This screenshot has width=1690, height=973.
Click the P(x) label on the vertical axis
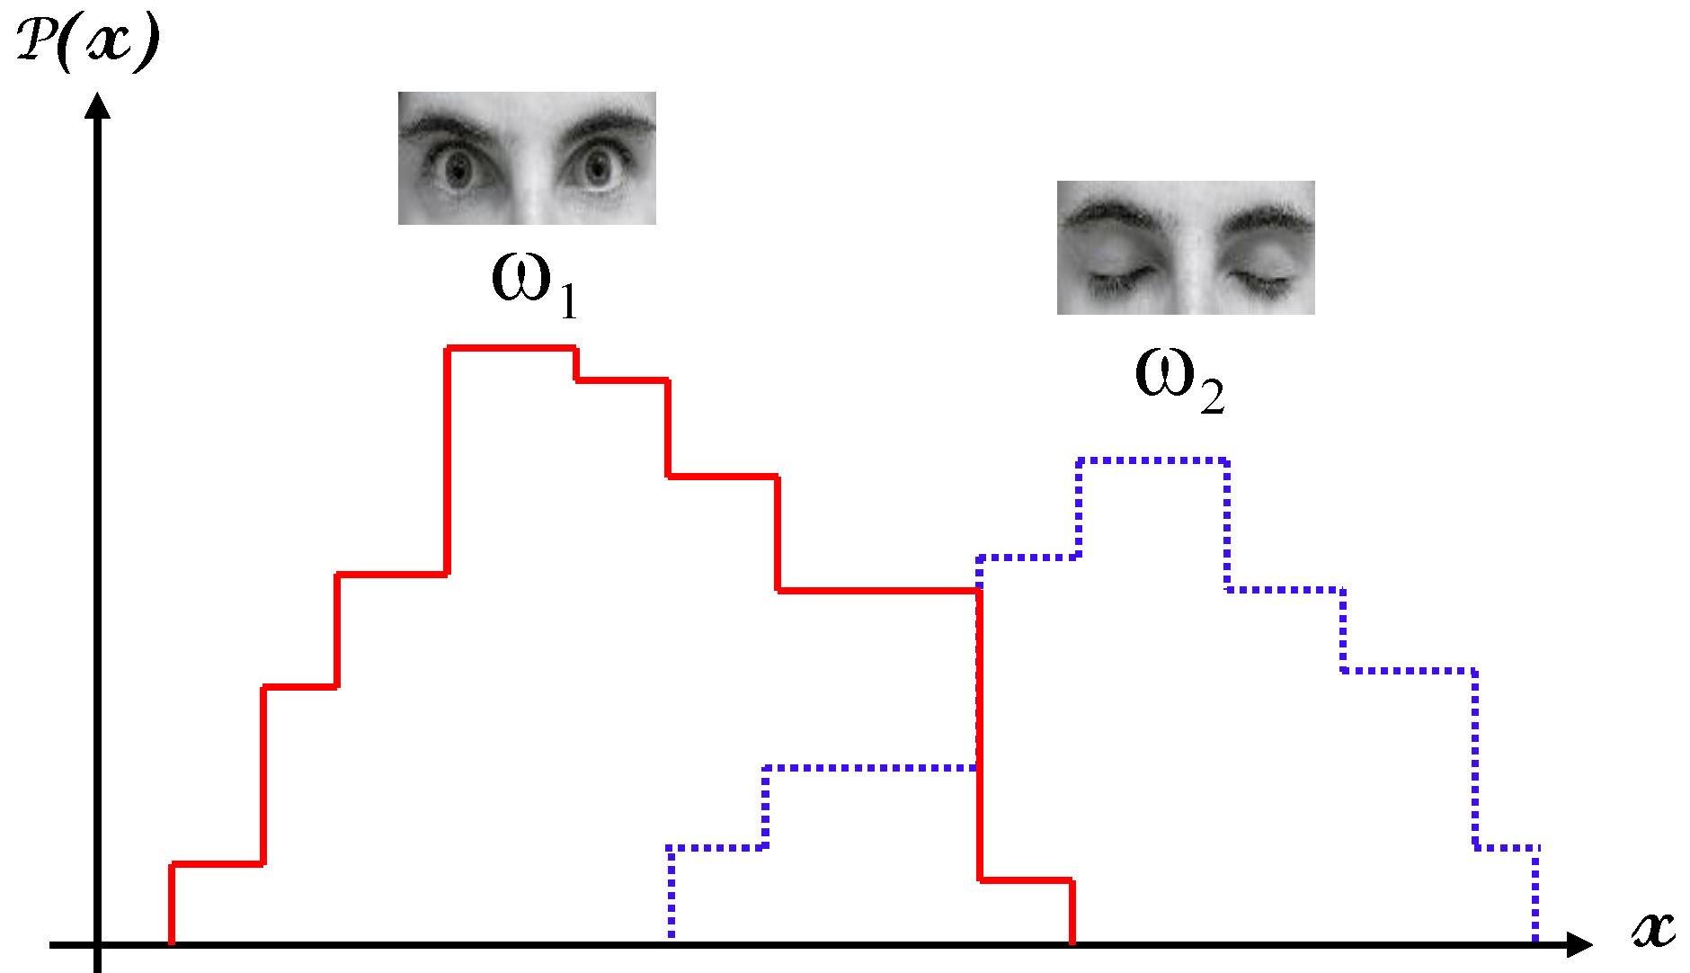(88, 43)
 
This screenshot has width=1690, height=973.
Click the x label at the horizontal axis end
(1653, 928)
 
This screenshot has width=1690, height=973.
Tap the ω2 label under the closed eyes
(1179, 378)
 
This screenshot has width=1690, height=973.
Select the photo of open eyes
(527, 158)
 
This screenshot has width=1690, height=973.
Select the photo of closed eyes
(1186, 247)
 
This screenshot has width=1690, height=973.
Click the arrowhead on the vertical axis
(97, 106)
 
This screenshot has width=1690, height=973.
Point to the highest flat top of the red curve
(511, 347)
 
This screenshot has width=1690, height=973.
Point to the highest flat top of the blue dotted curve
(1152, 460)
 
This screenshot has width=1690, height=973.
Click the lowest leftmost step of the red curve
(217, 864)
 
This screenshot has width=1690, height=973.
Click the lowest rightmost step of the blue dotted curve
(1507, 847)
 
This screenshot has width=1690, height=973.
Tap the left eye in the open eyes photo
(459, 168)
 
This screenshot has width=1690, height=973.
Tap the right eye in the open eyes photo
(596, 168)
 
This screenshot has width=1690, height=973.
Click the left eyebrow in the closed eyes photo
(1109, 217)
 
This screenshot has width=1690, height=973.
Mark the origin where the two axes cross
(97, 944)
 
